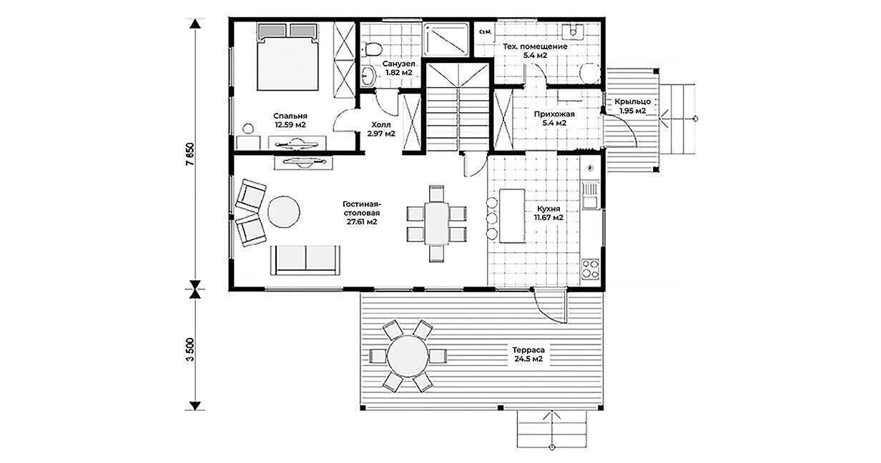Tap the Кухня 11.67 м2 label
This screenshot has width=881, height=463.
(548, 213)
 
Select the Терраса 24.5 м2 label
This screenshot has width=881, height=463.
(528, 354)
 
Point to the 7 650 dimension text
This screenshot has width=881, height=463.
(190, 154)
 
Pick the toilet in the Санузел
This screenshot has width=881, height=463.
(373, 49)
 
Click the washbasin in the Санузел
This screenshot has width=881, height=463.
(368, 75)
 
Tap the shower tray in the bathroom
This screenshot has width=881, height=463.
(446, 40)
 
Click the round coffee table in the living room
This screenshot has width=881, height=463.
(284, 211)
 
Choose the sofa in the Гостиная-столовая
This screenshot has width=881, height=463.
(305, 259)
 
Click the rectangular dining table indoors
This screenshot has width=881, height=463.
(436, 223)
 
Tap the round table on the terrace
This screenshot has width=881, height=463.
(408, 356)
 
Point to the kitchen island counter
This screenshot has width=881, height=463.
(512, 216)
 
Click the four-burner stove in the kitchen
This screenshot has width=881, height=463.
(590, 269)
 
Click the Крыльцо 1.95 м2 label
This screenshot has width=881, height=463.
(632, 106)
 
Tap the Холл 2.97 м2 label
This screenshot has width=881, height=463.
(381, 129)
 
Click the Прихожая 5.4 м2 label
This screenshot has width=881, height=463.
(554, 119)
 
